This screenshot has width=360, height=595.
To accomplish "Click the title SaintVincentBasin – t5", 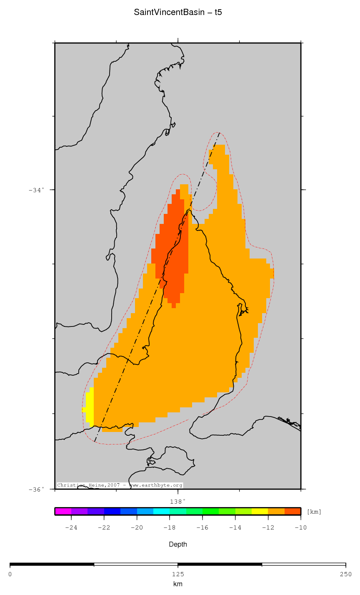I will [x=178, y=13].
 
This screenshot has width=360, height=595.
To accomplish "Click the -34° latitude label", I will [x=36, y=190].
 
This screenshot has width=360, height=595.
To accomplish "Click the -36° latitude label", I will [x=36, y=490].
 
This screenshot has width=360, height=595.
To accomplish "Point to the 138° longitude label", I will [x=177, y=501].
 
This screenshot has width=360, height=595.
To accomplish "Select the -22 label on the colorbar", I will [x=104, y=528].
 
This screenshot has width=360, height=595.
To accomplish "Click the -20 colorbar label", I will [x=137, y=528].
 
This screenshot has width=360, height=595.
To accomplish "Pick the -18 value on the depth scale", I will [x=169, y=528].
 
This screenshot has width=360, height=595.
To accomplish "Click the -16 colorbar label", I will [x=202, y=528].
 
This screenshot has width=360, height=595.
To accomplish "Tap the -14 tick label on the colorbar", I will [x=235, y=528].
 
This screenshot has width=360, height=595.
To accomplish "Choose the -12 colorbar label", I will [x=267, y=528].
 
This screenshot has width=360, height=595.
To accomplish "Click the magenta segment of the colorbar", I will [x=63, y=512].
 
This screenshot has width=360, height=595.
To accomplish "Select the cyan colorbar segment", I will [x=161, y=512].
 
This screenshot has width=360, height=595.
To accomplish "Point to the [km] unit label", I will [x=314, y=512].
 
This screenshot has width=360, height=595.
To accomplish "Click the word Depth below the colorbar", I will [x=177, y=545].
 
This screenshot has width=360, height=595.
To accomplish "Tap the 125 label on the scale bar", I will [x=177, y=574].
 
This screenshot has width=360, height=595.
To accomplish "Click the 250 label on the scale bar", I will [x=345, y=574].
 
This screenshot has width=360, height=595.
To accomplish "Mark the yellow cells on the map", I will [x=90, y=407].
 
